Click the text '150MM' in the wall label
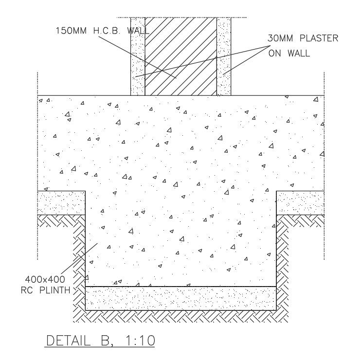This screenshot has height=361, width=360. (x=71, y=30)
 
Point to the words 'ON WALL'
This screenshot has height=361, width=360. (x=289, y=53)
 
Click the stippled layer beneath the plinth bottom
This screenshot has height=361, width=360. (x=180, y=298)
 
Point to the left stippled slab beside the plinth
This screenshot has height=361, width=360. (x=61, y=202)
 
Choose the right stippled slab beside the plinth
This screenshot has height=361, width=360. (x=300, y=202)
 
